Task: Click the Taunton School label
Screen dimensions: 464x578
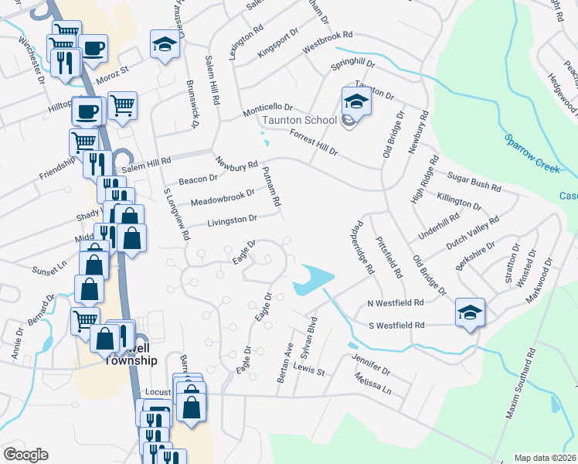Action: tap(299, 120)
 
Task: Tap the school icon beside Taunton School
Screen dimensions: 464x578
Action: tap(356, 101)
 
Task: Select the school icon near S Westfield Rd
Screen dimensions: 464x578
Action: tap(470, 312)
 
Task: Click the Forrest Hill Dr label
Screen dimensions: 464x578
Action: tap(314, 142)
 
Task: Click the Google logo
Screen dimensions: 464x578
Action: tap(25, 455)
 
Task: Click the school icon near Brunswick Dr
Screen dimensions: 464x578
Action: tap(164, 47)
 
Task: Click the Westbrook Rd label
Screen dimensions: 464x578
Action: tap(327, 41)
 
